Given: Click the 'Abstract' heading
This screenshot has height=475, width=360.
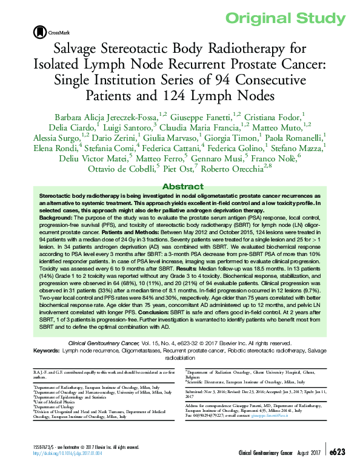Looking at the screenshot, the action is click(180, 186).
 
